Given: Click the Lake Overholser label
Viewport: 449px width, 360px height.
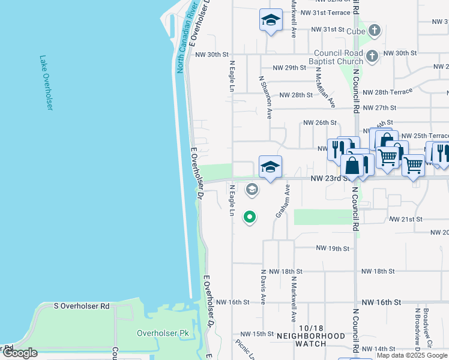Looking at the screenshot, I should click(46, 83).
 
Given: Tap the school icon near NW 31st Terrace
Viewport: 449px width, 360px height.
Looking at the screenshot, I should click(271, 20).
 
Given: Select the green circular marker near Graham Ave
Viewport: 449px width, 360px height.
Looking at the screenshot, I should click(249, 217).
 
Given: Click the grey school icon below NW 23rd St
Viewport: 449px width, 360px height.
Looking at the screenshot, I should click(252, 190).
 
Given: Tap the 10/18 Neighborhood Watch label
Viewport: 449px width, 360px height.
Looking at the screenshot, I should click(311, 340).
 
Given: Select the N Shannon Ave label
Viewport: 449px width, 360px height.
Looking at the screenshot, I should click(264, 97).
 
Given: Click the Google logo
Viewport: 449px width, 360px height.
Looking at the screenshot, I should click(20, 353).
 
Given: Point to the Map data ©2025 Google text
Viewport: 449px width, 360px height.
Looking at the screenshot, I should click(412, 355).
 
